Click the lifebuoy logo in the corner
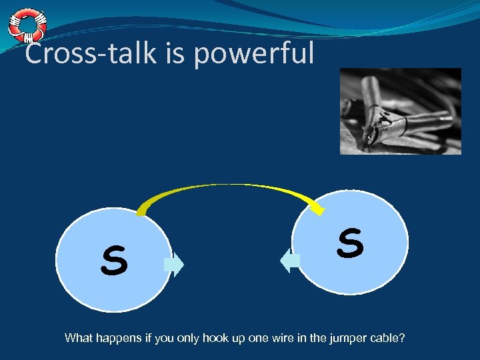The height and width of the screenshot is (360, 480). (x=27, y=26)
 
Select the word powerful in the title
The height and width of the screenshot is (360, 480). (x=253, y=54)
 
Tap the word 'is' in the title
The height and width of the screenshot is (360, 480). (x=177, y=53)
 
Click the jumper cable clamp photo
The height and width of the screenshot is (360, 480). (x=400, y=111)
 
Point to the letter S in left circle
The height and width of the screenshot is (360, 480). (x=114, y=261)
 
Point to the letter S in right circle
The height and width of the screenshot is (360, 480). (x=350, y=243)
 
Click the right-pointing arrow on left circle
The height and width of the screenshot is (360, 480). (x=174, y=265)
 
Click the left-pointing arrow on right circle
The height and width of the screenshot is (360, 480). (x=290, y=260)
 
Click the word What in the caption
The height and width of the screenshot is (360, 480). (x=79, y=338)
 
